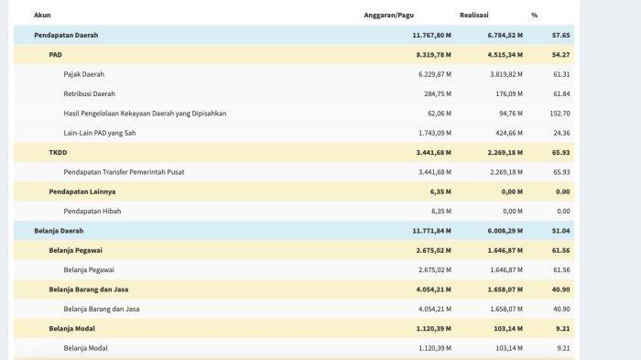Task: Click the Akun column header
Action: [42, 16]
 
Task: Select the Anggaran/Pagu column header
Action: [389, 16]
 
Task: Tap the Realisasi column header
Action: [473, 16]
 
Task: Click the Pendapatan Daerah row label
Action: [66, 35]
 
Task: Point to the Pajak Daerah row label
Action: [84, 74]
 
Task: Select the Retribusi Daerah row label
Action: [89, 94]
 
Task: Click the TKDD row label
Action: [58, 153]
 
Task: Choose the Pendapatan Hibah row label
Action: [92, 212]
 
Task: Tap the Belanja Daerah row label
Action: [59, 231]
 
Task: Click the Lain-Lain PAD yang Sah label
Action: [99, 133]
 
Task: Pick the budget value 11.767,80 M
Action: [431, 35]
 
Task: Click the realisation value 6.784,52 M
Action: [505, 35]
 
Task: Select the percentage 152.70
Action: [560, 114]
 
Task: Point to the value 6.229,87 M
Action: [435, 74]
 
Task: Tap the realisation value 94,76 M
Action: [511, 114]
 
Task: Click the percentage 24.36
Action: [561, 133]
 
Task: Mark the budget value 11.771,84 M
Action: [431, 231]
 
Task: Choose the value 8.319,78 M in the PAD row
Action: [434, 55]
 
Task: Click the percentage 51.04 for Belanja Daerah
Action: [560, 231]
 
